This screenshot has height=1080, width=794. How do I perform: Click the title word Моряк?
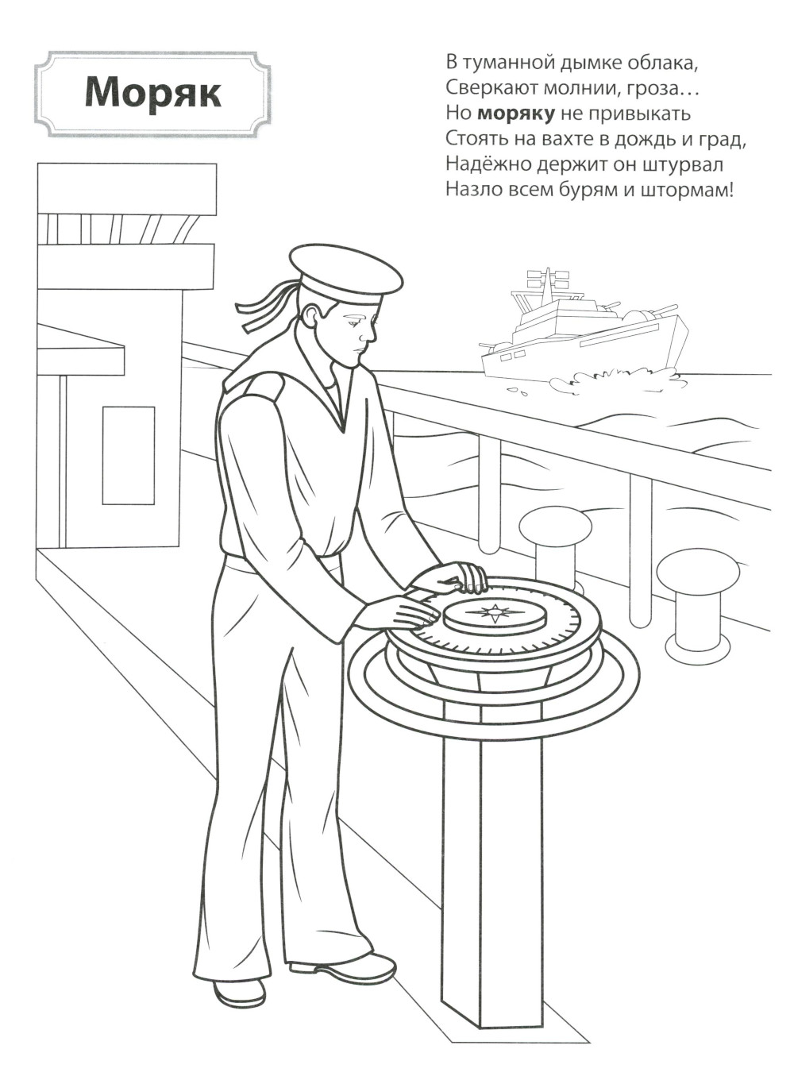pyautogui.click(x=152, y=93)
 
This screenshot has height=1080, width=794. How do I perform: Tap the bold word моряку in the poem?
pyautogui.click(x=516, y=114)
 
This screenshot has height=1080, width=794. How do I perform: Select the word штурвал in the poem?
pyautogui.click(x=683, y=164)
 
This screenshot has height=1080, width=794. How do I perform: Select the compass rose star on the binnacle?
pyautogui.click(x=493, y=613)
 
